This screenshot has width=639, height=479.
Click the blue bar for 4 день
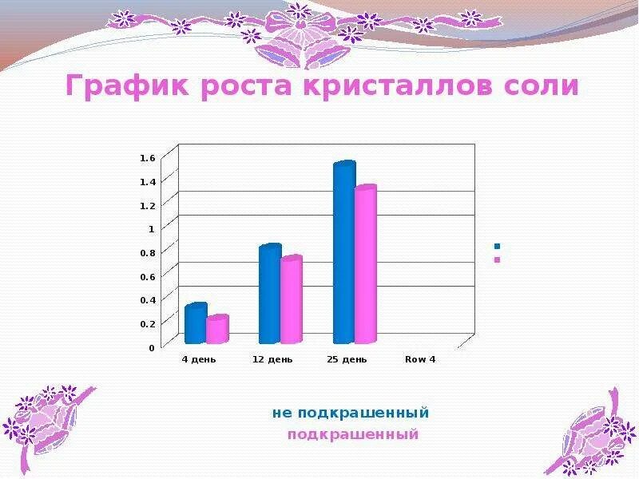coord(195,323)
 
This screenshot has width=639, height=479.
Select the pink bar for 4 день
coord(217,330)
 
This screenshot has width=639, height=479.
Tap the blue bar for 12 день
coord(270,294)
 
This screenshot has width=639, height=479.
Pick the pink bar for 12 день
coord(292,300)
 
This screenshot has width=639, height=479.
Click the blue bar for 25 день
coord(343,252)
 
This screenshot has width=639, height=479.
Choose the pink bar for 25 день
coord(365,265)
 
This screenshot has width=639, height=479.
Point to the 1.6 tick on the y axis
coord(147,158)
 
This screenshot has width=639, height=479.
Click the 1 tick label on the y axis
coord(150,228)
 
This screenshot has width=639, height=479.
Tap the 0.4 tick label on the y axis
coord(147,300)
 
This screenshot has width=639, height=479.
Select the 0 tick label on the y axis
coord(151,347)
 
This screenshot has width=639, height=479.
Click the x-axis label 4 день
coord(199,359)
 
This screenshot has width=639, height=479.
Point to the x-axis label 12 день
coord(272,359)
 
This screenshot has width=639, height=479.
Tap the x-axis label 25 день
coord(347,359)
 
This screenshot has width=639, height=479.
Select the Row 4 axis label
coord(420,359)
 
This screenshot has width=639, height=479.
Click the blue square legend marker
coord(497,247)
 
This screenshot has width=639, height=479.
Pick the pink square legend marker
coord(497,259)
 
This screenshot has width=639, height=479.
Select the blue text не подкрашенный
coord(351,414)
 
